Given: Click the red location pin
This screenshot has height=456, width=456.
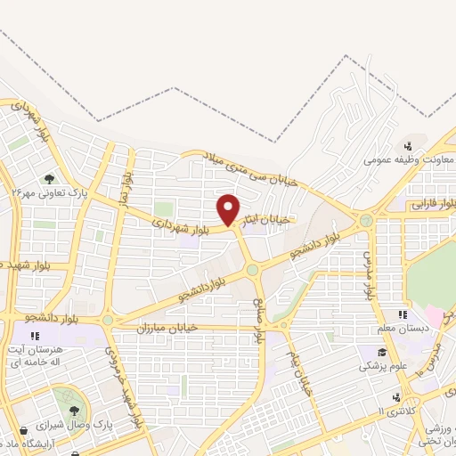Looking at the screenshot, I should (x=229, y=210).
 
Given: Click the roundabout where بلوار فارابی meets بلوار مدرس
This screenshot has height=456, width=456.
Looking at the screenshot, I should (x=366, y=219).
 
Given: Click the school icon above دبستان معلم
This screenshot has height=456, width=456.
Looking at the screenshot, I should (x=403, y=314).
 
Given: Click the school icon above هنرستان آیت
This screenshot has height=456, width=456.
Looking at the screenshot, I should (x=35, y=336).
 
